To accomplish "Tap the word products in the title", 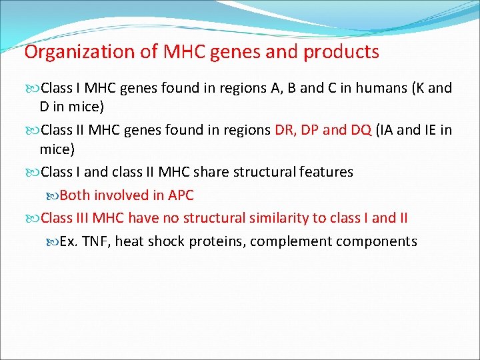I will [341, 52].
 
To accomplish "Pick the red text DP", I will [309, 129].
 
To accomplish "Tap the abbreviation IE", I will [431, 129].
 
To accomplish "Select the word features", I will [325, 172].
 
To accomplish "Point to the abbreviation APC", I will [180, 195].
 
